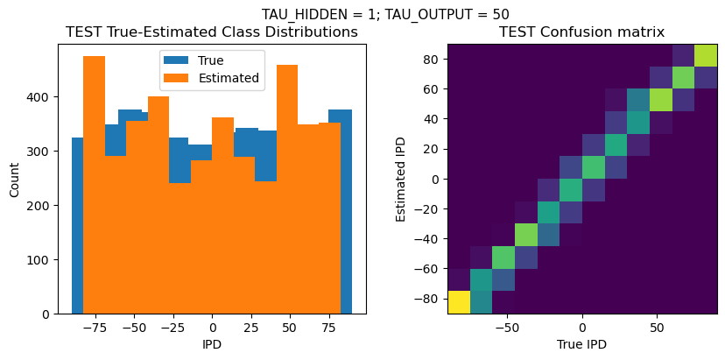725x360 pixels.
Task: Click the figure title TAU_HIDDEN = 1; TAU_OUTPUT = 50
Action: (x=385, y=14)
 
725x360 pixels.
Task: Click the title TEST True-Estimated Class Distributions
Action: (x=212, y=32)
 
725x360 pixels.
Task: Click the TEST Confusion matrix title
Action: (x=581, y=32)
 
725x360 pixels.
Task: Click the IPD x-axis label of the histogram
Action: (x=212, y=344)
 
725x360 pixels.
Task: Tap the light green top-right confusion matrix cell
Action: (x=706, y=55)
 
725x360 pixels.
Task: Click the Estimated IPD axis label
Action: (x=401, y=180)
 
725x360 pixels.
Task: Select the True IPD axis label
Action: (x=581, y=344)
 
